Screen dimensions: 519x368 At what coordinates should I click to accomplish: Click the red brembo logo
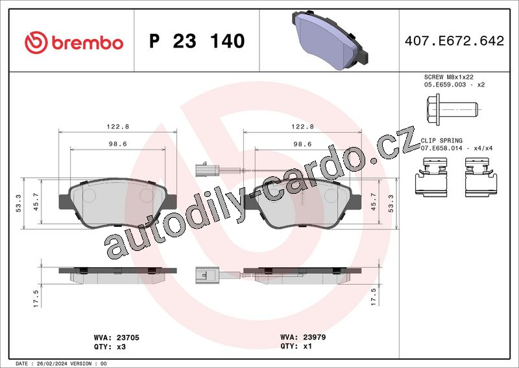click(x=74, y=42)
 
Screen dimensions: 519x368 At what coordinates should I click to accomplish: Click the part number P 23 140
click(x=197, y=41)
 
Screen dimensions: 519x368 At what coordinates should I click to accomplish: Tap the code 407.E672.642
click(x=454, y=41)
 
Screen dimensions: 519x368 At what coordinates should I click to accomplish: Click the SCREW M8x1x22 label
click(x=448, y=77)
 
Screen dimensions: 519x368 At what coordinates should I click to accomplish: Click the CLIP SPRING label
click(x=441, y=140)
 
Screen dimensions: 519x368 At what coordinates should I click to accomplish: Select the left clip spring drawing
click(x=431, y=177)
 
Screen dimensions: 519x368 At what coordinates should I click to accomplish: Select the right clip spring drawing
click(x=481, y=177)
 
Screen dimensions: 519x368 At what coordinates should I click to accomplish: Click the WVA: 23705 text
click(x=117, y=337)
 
